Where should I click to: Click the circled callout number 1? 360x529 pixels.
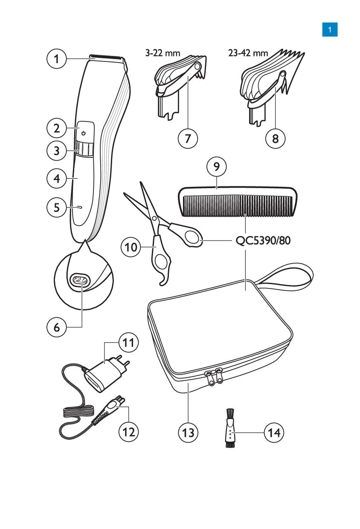click(56, 59)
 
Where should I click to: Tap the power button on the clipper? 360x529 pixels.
click(84, 133)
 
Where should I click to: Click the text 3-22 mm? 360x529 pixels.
click(163, 53)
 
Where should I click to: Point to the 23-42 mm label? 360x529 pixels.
click(248, 53)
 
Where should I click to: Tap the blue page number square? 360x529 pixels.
click(330, 30)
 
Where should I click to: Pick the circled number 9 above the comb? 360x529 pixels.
click(217, 167)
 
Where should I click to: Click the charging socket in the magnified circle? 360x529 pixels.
click(79, 280)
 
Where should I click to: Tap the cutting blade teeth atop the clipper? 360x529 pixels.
click(107, 57)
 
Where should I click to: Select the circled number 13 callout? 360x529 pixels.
click(188, 432)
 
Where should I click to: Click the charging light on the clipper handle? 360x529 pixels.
click(80, 208)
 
